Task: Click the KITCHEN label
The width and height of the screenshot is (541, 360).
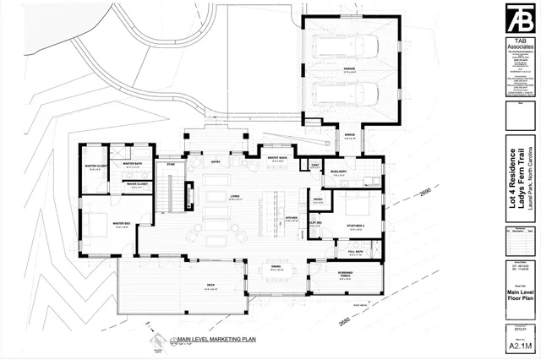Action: pos(292,217)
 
